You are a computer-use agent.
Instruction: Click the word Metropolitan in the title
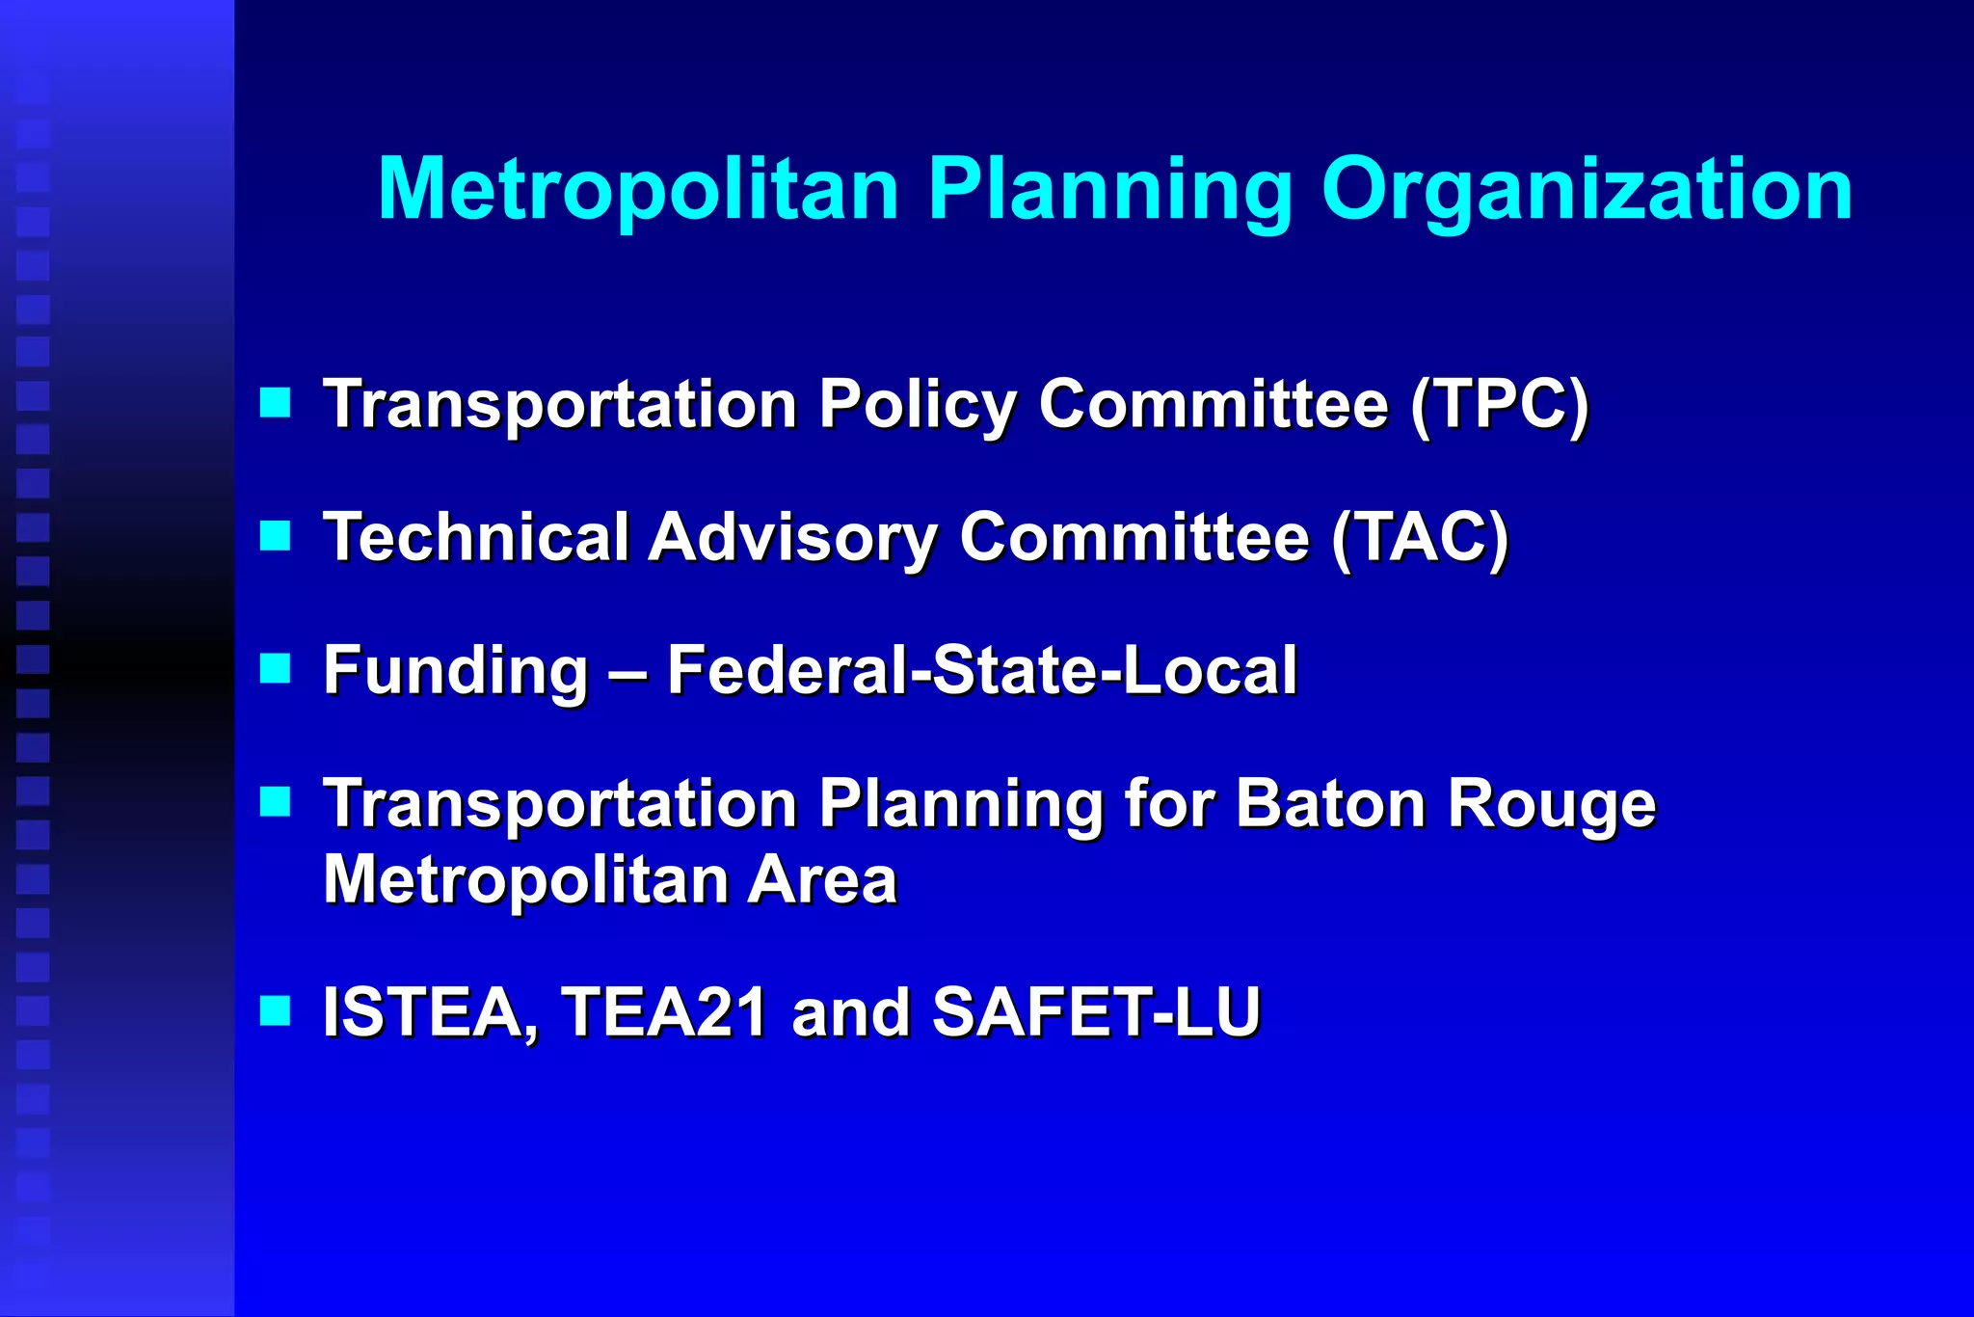(638, 189)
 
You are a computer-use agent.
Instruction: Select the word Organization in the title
(1587, 191)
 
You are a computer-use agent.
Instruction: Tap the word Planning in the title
(1110, 191)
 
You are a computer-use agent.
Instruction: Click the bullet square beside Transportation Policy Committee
(276, 402)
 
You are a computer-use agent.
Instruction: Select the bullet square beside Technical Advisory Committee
(276, 535)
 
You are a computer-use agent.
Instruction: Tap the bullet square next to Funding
(276, 668)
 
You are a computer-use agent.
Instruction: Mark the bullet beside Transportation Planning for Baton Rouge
(276, 801)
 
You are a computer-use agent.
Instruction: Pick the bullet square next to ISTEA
(276, 1010)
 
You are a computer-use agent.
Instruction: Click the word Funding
(455, 671)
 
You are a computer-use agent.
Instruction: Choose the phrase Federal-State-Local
(981, 670)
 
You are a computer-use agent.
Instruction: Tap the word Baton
(1330, 803)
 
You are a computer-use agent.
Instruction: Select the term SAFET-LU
(1096, 1012)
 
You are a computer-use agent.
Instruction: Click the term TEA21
(664, 1012)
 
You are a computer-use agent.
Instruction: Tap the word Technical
(476, 537)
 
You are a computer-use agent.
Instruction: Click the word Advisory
(791, 539)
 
